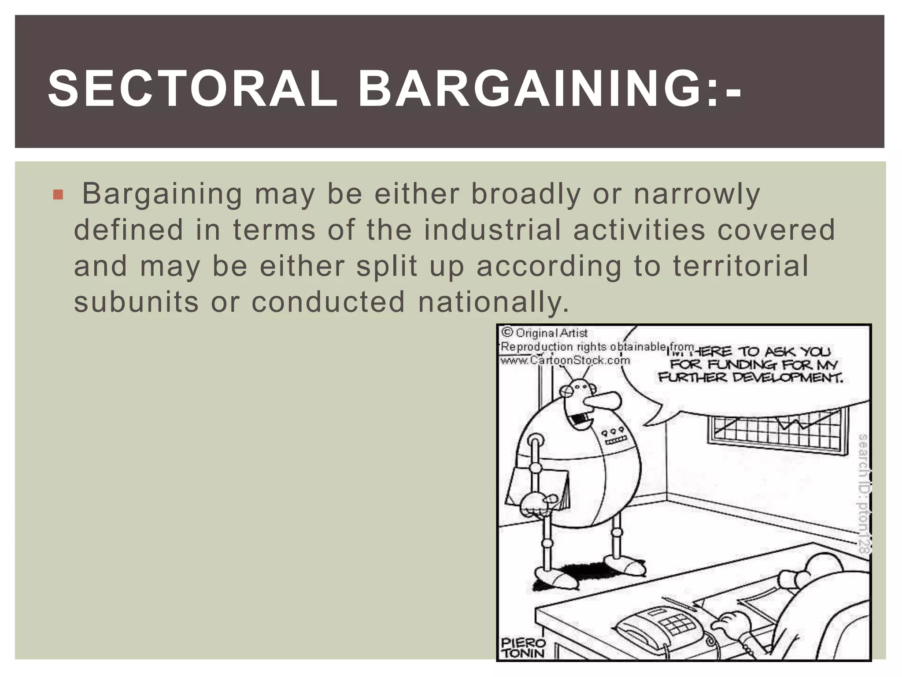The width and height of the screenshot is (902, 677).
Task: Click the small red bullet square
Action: (x=58, y=194)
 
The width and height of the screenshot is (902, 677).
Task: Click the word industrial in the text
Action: (x=492, y=230)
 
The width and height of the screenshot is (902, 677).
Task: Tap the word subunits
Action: (x=136, y=302)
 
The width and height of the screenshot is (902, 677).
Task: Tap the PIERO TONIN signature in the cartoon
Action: (x=523, y=648)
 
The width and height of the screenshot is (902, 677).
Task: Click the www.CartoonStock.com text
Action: (x=565, y=360)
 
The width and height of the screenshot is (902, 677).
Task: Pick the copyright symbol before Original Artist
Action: (x=507, y=332)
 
